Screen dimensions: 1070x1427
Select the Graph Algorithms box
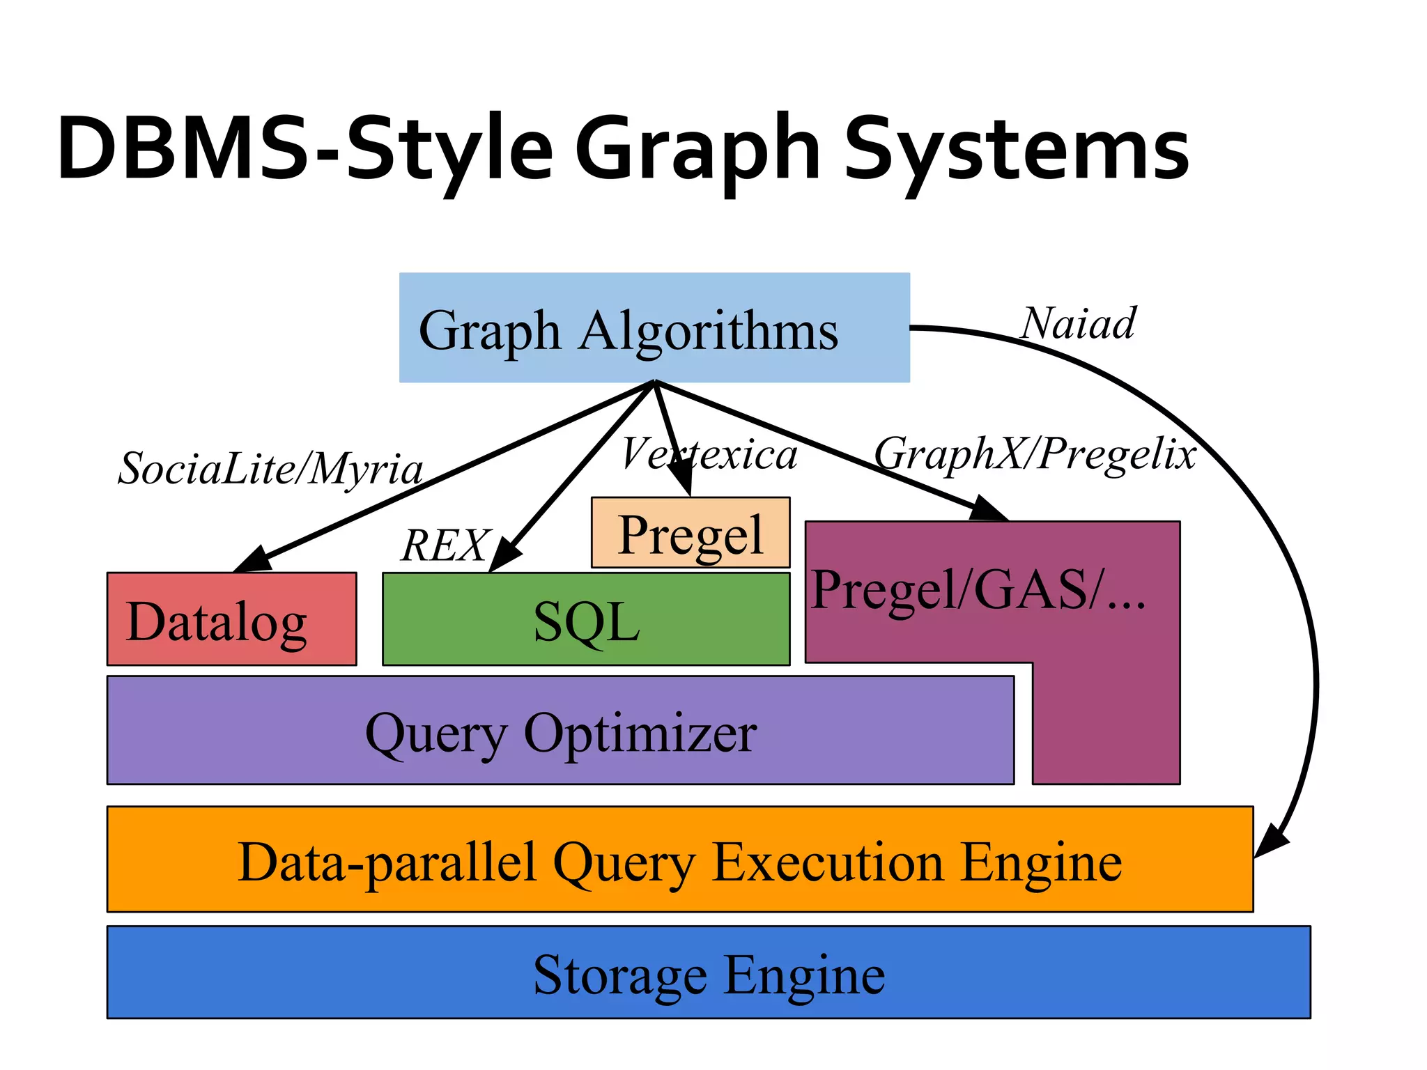(x=654, y=327)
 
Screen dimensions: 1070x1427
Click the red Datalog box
(x=231, y=619)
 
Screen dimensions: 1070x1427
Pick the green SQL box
(x=585, y=619)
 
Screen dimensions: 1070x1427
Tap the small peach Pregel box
(x=690, y=533)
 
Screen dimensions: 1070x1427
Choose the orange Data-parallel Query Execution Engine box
(x=679, y=860)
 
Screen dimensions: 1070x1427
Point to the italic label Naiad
(x=1078, y=324)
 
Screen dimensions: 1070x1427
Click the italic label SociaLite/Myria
(x=270, y=468)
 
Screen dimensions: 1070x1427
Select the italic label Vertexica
(x=709, y=454)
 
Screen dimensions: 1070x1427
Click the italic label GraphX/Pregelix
(x=1035, y=453)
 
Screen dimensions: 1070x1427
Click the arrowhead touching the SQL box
(x=504, y=557)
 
